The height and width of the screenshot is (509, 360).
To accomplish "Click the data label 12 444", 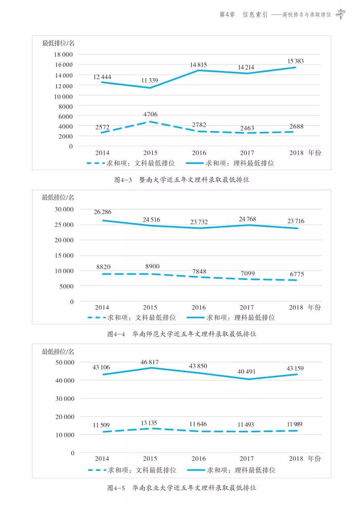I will pos(102,77).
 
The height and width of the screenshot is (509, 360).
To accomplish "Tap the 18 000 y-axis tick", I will pos(63,54).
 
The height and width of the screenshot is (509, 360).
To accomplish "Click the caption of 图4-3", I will pos(182,180).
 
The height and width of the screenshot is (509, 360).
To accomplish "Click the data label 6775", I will pos(296,274).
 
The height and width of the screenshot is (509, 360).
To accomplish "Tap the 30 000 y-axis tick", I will pos(63,209).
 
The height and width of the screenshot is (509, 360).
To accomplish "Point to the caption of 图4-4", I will pos(182,334).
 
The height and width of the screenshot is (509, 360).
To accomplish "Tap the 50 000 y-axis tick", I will pos(63,362).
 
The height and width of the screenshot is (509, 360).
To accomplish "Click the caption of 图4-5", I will pos(182,488).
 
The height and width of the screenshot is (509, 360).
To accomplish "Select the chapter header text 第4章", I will pos(227,15).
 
